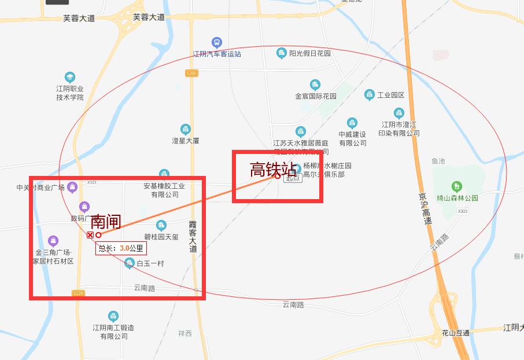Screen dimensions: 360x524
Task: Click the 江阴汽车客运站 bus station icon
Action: point(216,42)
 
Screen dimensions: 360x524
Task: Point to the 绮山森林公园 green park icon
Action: point(457,186)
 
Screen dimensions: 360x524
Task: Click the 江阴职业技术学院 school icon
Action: point(70,77)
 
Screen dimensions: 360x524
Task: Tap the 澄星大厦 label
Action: point(185,141)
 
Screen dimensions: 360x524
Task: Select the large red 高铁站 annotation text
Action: point(273,170)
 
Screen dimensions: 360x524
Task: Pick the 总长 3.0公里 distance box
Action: point(121,248)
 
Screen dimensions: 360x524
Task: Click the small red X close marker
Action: point(90,235)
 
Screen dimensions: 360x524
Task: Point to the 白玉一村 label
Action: point(150,264)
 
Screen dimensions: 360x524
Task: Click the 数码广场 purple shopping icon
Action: point(84,206)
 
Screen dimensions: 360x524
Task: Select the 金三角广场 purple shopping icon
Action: point(53,240)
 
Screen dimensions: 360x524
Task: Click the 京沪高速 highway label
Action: point(426,208)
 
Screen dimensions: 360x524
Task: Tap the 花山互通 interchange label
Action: point(455,333)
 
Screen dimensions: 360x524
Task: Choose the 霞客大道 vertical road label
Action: point(193,236)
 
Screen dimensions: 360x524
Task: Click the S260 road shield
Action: point(191,73)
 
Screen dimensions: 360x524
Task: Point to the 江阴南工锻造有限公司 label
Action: point(113,332)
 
